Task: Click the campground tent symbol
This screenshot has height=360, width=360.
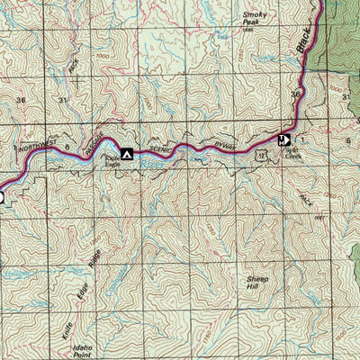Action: (127, 155)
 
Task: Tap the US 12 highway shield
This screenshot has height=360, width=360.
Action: (260, 157)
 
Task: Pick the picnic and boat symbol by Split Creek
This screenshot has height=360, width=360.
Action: (284, 139)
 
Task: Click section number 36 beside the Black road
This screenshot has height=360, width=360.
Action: (294, 94)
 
